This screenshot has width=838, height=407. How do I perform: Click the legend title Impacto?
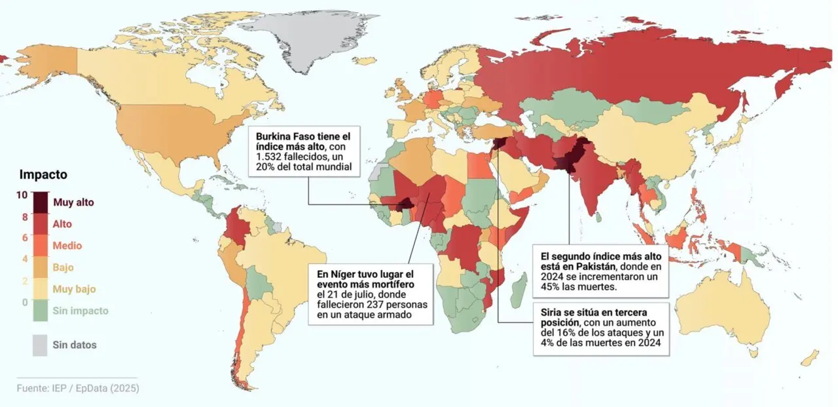43,175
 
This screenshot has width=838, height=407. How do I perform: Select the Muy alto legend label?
73,202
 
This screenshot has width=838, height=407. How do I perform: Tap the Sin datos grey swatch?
41,345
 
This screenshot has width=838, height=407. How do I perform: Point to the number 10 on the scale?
22,195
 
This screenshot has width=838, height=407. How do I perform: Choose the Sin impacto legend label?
81,311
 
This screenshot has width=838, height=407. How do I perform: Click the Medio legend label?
67,246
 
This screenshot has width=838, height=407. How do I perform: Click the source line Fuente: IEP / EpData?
78,388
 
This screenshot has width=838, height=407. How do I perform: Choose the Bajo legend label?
63,267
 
